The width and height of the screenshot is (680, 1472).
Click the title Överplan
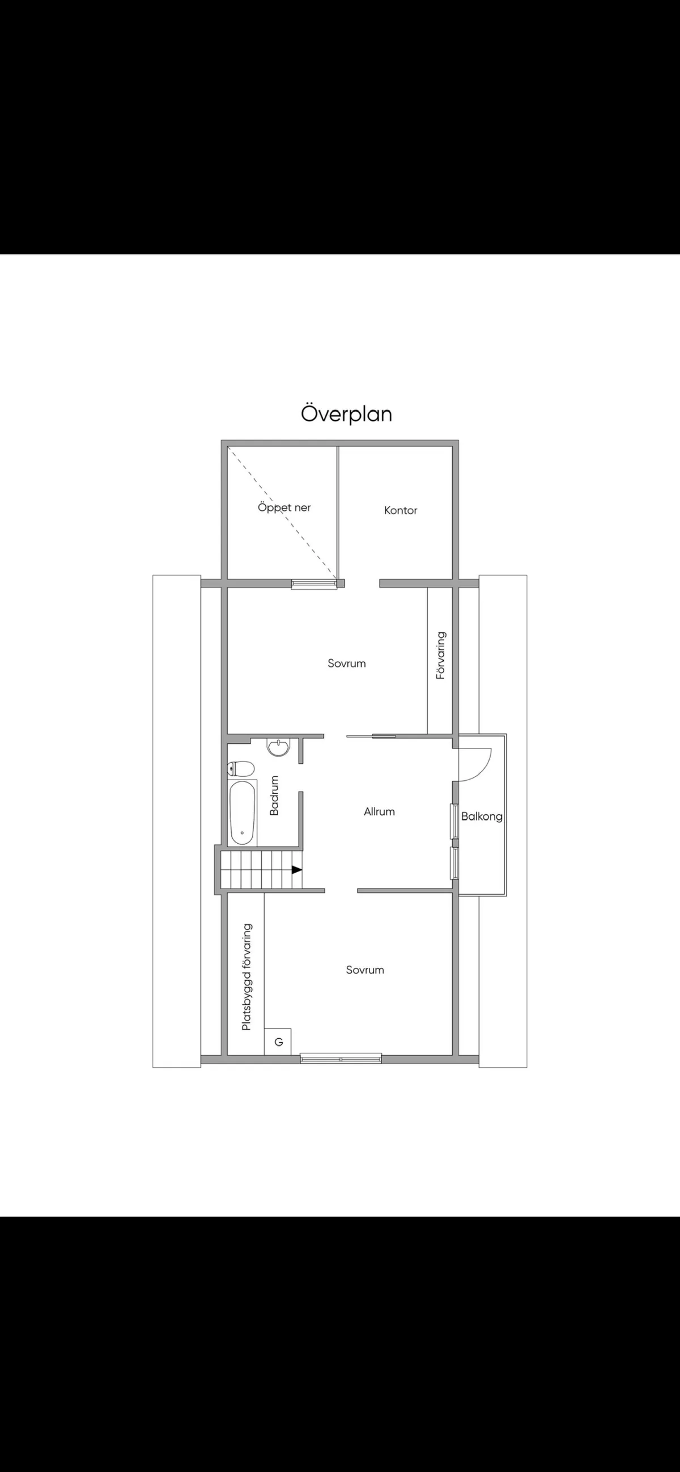347,413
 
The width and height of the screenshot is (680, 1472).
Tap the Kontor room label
400,510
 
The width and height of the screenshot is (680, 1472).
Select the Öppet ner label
284,507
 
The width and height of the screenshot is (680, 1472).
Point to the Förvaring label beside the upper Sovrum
440,655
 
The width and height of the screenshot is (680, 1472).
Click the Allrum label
379,811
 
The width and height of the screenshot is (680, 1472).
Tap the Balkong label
482,817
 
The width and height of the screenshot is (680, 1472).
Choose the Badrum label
274,795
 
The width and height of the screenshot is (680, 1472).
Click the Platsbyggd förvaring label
246,977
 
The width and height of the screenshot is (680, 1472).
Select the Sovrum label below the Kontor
347,663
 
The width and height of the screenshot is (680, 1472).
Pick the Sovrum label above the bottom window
365,970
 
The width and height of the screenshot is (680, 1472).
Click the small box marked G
278,1042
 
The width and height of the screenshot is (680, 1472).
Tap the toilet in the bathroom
241,768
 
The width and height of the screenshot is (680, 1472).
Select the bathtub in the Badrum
243,813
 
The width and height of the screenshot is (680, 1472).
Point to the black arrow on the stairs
297,870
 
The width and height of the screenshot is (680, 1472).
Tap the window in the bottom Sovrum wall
341,1058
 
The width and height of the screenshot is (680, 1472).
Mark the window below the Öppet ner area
314,583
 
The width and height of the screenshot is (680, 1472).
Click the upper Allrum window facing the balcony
455,820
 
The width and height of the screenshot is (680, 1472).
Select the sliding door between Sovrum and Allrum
371,736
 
